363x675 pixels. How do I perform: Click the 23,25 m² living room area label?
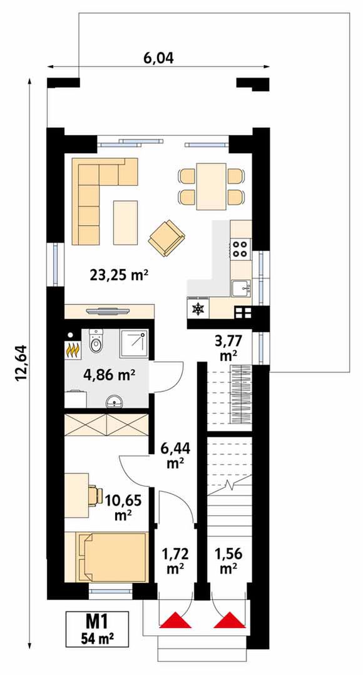tap(120, 275)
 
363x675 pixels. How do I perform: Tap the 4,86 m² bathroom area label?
tap(109, 375)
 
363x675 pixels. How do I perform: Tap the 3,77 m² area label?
tap(228, 348)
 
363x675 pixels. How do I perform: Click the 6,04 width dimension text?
tap(158, 58)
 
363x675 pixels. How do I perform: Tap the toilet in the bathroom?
tap(96, 341)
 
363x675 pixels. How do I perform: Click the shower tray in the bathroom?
tap(134, 343)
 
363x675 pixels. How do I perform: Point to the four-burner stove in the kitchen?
tap(241, 248)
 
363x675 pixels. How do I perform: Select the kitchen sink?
tap(241, 288)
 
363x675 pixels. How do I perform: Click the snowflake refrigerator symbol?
tap(198, 308)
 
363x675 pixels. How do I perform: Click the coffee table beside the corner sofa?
tap(125, 223)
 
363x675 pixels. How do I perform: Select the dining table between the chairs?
tap(211, 186)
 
